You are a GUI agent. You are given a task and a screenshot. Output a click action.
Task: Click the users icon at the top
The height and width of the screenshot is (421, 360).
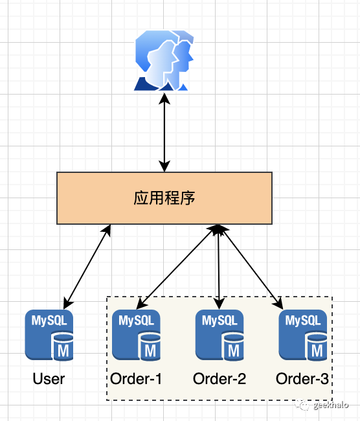click(x=164, y=62)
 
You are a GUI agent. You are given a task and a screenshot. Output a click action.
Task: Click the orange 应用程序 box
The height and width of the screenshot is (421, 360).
click(x=164, y=198)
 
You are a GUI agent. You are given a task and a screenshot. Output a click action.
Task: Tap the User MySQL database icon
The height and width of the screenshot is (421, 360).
click(x=49, y=335)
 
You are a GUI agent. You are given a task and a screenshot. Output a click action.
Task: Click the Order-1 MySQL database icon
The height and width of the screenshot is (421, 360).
click(x=136, y=335)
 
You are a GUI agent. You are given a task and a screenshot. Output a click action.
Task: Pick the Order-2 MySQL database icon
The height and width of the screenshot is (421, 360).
click(x=219, y=335)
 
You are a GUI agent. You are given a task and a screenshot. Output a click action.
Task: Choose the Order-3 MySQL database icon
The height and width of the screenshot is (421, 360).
click(x=303, y=335)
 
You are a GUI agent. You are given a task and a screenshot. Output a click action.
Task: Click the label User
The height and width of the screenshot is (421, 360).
click(x=49, y=379)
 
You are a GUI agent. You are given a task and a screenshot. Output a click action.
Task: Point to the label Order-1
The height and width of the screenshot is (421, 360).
click(x=136, y=379)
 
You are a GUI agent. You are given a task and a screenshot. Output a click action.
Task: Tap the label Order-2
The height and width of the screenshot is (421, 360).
click(x=219, y=379)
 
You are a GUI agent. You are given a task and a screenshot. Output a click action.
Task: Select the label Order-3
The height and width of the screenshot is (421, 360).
click(x=303, y=379)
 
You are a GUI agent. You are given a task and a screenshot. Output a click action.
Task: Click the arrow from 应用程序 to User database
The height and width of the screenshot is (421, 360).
click(x=87, y=266)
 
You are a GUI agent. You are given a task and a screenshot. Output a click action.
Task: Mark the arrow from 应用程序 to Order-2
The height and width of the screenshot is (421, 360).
click(x=220, y=266)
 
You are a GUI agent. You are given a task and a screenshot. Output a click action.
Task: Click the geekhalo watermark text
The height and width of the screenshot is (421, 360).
click(x=330, y=405)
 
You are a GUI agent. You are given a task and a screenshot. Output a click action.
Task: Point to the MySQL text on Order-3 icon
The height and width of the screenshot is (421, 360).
click(x=303, y=320)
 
